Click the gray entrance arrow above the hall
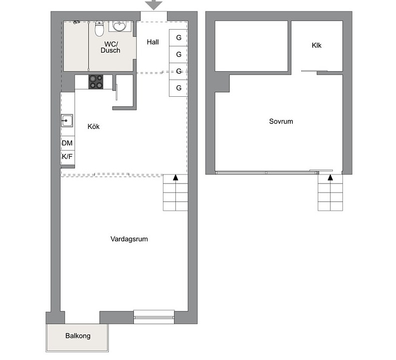click(x=153, y=5)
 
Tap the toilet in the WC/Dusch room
click(x=99, y=29)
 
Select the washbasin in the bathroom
click(x=119, y=26)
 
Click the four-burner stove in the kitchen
click(x=96, y=82)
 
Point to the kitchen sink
click(x=67, y=120)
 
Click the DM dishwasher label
click(x=67, y=143)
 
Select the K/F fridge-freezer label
click(x=67, y=156)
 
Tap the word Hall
click(x=153, y=42)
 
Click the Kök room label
click(x=93, y=126)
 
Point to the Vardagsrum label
click(x=129, y=239)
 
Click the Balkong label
click(x=78, y=336)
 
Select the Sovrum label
click(x=281, y=121)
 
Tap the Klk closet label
click(x=316, y=46)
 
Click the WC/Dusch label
click(x=111, y=47)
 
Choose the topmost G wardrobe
click(x=178, y=38)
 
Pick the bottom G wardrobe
click(x=178, y=88)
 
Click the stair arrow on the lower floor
click(x=175, y=177)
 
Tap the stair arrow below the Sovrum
click(x=330, y=177)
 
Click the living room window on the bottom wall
click(x=154, y=317)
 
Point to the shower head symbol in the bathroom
click(x=76, y=22)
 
